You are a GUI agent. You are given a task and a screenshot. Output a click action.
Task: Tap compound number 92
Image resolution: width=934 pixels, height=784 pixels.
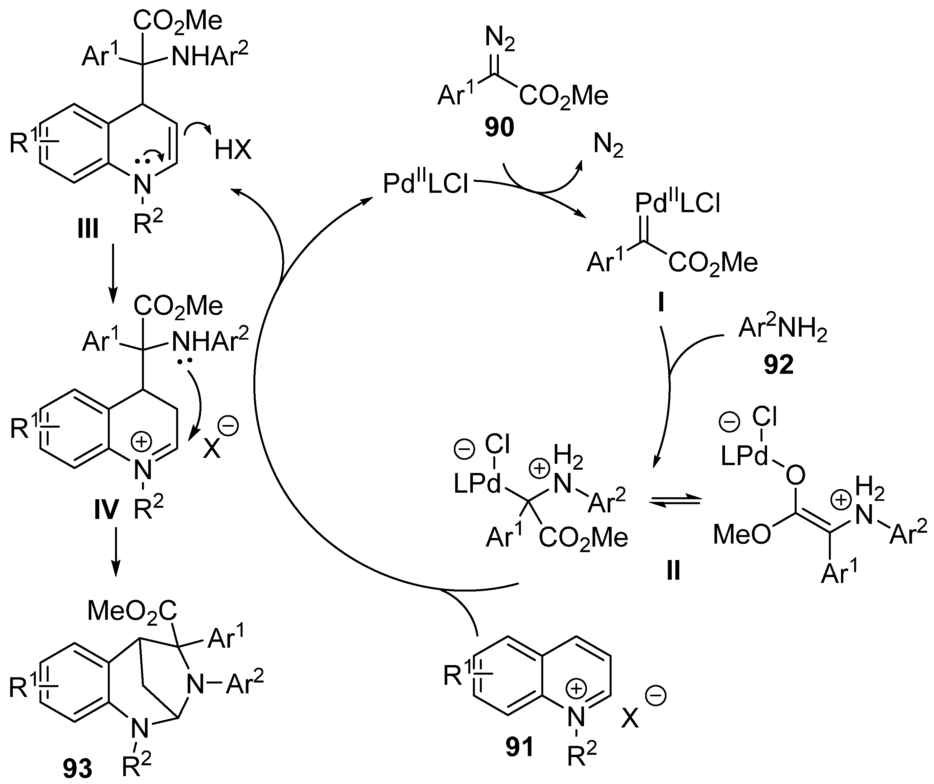point(778,365)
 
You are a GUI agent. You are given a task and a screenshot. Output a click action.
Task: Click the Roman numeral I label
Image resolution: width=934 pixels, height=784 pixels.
point(661,303)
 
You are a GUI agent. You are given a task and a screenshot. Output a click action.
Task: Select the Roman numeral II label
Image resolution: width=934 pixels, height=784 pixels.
point(673,571)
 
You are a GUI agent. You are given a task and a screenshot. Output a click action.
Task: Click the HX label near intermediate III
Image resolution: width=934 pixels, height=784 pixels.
point(233,150)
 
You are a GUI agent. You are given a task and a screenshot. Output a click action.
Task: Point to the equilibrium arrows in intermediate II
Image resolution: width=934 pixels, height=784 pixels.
point(675,501)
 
